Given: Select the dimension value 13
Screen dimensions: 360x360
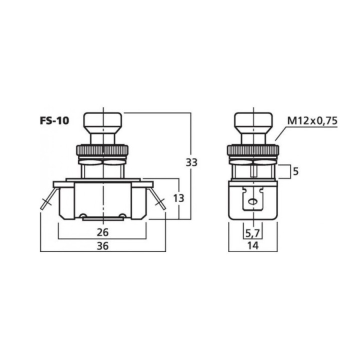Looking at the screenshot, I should tap(178, 198).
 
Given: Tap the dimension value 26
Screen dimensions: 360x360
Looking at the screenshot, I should tap(102, 232).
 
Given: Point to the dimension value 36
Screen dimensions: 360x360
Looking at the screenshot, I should tap(102, 246).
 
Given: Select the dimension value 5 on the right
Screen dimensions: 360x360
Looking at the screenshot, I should tap(295, 171).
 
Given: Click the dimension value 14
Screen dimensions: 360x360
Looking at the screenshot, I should tap(253, 246).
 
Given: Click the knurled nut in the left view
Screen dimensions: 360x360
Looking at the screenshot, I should tap(102, 150).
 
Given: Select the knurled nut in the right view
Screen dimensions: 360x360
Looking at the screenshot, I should tap(253, 150).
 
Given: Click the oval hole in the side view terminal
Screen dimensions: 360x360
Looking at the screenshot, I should tap(253, 201).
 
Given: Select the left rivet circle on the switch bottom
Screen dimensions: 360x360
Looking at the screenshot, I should tap(82, 216).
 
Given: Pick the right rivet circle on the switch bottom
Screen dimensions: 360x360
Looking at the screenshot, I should tap(122, 216).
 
